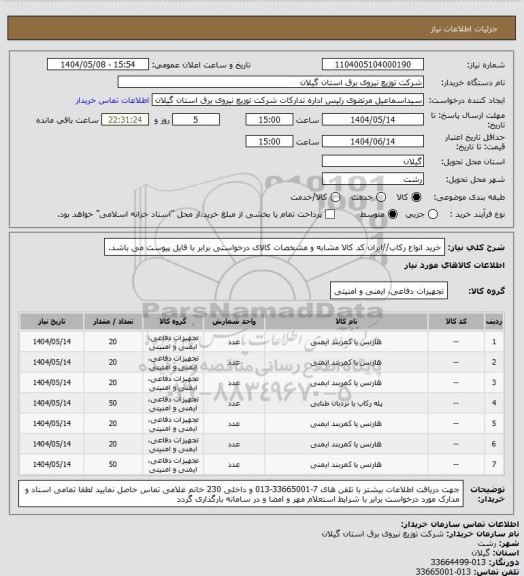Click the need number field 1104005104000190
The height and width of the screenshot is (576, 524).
374,64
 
